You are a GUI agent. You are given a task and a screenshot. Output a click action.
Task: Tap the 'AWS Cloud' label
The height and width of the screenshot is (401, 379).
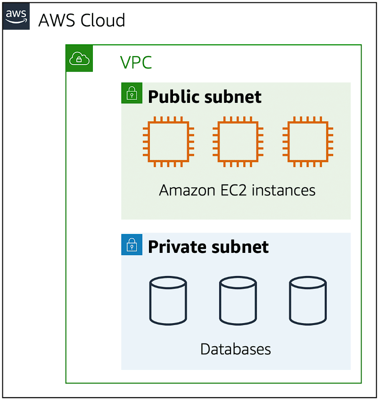pyautogui.click(x=82, y=20)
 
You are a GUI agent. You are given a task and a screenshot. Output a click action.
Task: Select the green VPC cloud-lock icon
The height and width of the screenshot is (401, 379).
pyautogui.click(x=79, y=58)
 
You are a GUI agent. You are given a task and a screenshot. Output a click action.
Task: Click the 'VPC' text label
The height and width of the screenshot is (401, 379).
pyautogui.click(x=136, y=63)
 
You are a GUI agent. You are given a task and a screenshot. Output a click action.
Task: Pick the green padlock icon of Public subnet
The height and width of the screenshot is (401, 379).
pyautogui.click(x=132, y=93)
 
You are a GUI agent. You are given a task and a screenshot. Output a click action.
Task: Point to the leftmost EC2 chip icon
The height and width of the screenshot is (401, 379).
pyautogui.click(x=169, y=142)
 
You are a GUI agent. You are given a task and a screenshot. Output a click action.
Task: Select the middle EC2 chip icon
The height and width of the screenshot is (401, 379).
pyautogui.click(x=238, y=142)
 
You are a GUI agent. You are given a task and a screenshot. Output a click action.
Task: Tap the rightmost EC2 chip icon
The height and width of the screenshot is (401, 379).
pyautogui.click(x=308, y=142)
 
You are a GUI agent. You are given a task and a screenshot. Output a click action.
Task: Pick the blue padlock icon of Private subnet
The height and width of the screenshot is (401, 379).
pyautogui.click(x=132, y=244)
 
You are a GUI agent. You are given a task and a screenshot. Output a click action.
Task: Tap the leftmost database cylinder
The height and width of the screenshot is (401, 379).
pyautogui.click(x=168, y=301)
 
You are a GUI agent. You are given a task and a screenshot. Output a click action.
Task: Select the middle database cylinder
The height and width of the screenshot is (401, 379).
pyautogui.click(x=238, y=301)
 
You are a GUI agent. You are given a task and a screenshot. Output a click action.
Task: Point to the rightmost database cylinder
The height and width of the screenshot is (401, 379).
pyautogui.click(x=308, y=301)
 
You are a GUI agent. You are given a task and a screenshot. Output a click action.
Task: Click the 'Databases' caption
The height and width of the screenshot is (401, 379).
pyautogui.click(x=236, y=349)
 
